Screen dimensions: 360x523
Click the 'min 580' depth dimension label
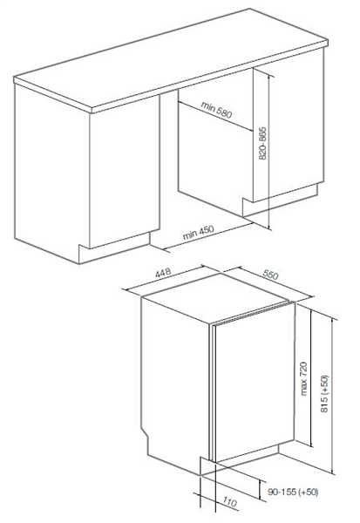pos(216,110)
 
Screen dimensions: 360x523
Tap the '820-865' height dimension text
pos(263,143)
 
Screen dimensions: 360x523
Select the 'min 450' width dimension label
pos(198,233)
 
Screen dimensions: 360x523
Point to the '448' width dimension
pos(163,272)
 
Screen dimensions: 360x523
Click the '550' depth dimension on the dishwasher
pos(270,275)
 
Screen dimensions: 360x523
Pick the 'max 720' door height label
pos(303,378)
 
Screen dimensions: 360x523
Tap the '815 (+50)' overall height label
pos(324,394)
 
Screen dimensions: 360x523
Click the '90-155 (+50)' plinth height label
pos(293,492)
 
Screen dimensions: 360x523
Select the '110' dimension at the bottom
pos(230,502)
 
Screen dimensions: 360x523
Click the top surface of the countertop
pos(171,58)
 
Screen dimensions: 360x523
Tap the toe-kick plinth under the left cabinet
pos(114,248)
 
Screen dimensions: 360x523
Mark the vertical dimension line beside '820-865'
pos(269,151)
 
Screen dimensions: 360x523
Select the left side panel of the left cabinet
pos(51,170)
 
